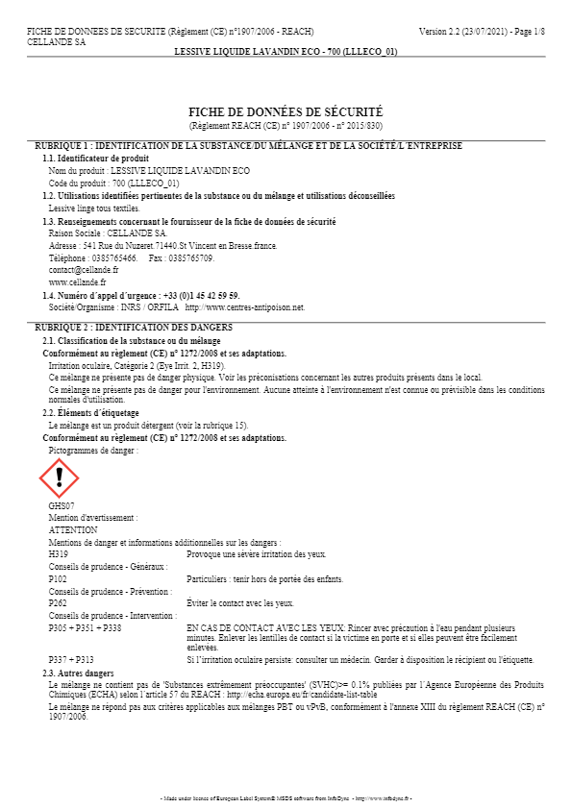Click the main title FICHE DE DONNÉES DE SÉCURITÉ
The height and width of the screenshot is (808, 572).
pyautogui.click(x=286, y=112)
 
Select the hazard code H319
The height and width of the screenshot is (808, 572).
pyautogui.click(x=58, y=554)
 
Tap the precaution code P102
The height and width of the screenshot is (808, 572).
pyautogui.click(x=58, y=579)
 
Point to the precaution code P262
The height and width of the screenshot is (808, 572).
pyautogui.click(x=58, y=603)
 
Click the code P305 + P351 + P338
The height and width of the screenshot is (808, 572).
pyautogui.click(x=85, y=627)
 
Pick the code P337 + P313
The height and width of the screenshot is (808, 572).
pyautogui.click(x=71, y=660)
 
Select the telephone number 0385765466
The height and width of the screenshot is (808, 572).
pyautogui.click(x=113, y=258)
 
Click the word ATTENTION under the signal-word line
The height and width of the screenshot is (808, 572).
pyautogui.click(x=72, y=529)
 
